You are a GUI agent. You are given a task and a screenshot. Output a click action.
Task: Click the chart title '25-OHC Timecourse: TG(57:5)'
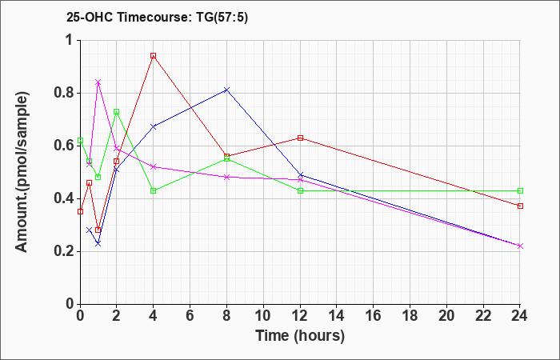point(157,18)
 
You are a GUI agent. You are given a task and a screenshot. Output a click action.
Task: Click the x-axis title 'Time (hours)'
point(300,336)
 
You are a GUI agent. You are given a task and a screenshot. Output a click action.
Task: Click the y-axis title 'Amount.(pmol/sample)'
point(22,172)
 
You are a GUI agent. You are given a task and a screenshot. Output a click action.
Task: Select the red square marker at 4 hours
point(154,56)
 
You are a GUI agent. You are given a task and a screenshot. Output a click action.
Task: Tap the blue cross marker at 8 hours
point(226,90)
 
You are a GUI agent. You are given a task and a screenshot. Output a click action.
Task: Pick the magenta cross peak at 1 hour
point(98,82)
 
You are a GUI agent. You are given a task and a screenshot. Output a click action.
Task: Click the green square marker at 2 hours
point(117,112)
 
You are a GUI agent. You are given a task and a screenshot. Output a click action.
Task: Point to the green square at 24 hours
point(520,190)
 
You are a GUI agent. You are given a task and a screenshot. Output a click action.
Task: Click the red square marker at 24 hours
point(520,206)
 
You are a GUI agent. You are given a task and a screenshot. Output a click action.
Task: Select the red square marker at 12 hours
point(300,138)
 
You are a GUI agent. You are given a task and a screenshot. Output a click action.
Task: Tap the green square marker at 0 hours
point(80,140)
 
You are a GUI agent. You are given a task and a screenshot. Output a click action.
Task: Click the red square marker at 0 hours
point(80,211)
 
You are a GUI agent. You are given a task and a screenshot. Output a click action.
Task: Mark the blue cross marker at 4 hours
point(154,126)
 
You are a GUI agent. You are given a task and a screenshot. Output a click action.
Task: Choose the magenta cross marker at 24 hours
point(520,246)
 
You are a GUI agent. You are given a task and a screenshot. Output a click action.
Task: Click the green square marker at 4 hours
point(154,190)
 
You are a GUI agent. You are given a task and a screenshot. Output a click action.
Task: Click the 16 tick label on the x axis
point(374,316)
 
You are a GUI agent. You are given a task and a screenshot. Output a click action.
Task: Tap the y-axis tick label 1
point(70,40)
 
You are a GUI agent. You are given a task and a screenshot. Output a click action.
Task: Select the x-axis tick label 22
point(483,316)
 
